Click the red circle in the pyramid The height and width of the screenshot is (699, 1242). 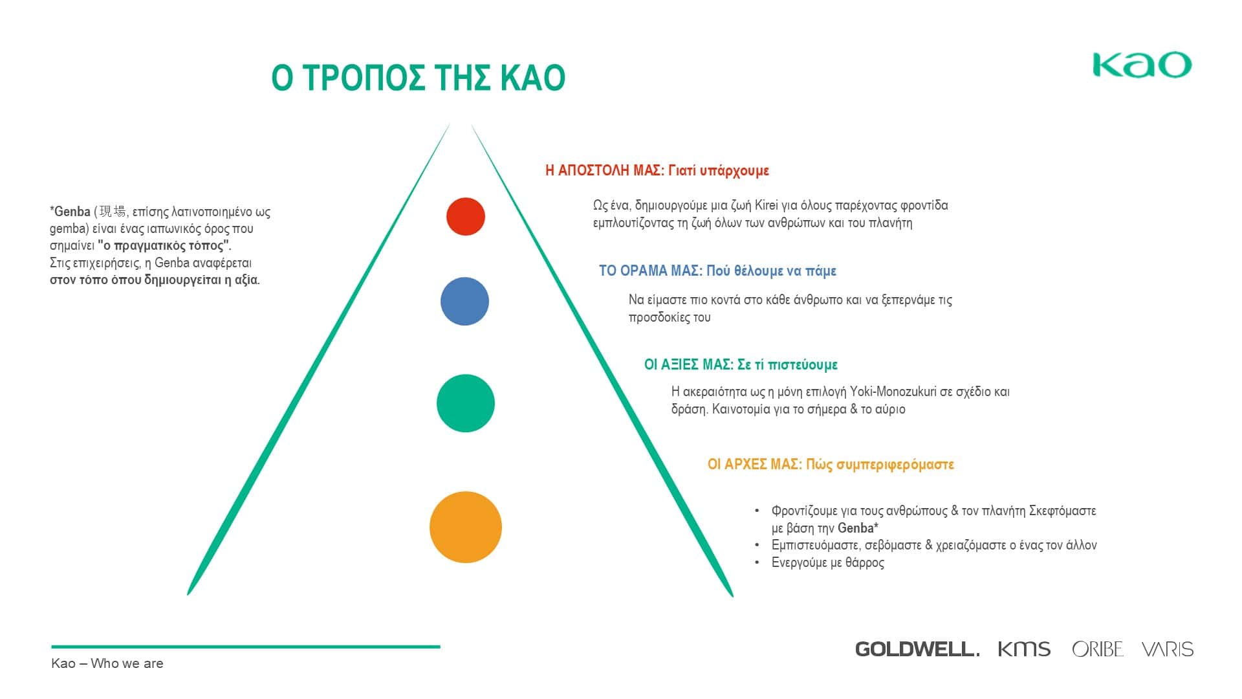point(466,216)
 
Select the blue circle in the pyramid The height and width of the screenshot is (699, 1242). point(464,301)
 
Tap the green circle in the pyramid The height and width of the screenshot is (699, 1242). point(466,403)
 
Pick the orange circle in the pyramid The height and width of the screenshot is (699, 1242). point(466,527)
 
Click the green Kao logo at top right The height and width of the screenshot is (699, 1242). point(1142,65)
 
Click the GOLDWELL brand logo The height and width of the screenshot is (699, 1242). point(917,649)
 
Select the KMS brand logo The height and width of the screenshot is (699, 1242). point(1024,649)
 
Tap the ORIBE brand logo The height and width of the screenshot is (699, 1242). point(1098,649)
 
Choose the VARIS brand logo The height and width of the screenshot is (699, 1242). point(1168,649)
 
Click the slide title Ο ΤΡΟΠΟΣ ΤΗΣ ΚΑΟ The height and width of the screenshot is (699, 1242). point(419,78)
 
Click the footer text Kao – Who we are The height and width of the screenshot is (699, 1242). point(107,663)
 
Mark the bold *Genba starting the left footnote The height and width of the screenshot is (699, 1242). point(70,212)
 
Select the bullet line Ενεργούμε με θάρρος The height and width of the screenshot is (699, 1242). point(828,562)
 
